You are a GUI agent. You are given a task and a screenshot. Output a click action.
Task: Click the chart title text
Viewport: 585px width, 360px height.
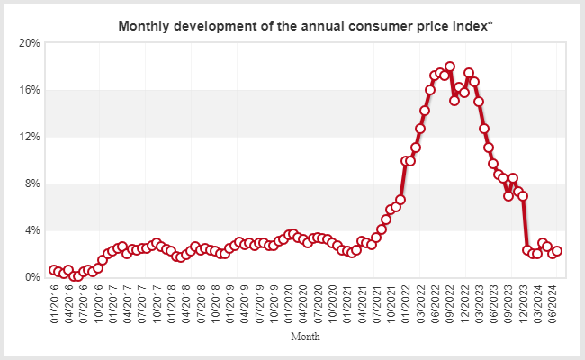305,26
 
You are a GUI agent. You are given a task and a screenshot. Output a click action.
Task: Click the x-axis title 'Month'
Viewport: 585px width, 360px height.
305,337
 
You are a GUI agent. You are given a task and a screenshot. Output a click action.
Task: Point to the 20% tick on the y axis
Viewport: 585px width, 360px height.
30,43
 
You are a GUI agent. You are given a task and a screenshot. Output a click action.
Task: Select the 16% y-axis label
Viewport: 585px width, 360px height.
30,90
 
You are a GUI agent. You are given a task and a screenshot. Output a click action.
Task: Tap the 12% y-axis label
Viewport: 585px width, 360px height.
30,137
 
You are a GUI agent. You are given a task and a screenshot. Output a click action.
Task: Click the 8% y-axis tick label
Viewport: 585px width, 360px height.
32,184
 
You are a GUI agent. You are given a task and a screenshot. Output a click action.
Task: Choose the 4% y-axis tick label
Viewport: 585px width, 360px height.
32,230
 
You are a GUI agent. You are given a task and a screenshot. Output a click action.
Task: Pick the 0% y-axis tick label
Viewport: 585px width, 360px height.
32,277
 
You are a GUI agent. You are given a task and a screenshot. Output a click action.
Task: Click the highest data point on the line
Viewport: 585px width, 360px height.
450,67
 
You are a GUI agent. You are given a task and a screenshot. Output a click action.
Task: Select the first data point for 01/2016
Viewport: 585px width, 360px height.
54,270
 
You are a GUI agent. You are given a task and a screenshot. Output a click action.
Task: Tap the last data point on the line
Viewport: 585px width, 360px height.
557,252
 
